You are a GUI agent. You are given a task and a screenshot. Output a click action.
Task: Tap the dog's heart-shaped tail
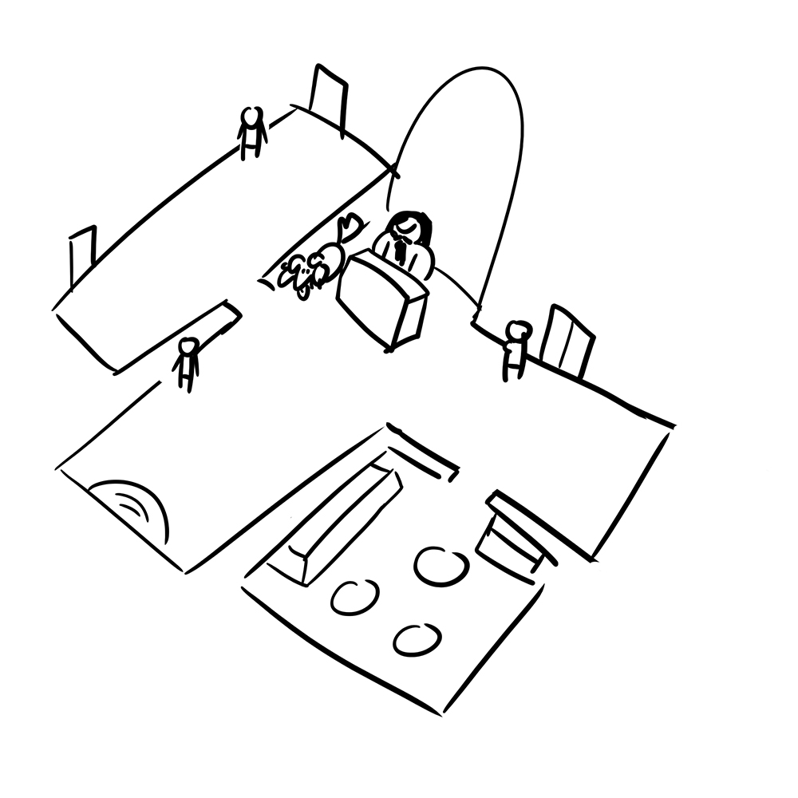point(349,225)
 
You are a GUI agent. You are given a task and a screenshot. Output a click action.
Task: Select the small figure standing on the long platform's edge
point(252,132)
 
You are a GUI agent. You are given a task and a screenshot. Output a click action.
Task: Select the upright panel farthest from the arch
point(83,255)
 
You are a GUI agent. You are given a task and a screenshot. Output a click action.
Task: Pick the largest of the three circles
point(441,566)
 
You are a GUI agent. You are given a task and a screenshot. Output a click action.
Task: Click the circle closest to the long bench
point(354,597)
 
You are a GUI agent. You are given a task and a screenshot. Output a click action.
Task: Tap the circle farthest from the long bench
point(417,639)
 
